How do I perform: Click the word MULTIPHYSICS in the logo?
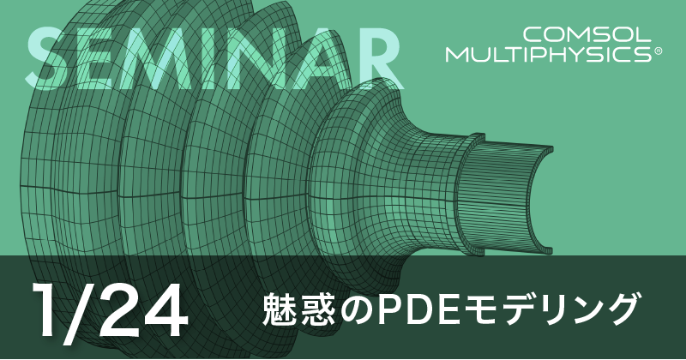click(x=549, y=55)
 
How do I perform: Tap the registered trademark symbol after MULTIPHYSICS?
click(x=658, y=51)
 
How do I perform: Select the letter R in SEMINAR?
click(x=375, y=58)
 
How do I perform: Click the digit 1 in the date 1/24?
click(x=45, y=309)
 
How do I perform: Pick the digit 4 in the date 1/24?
click(x=164, y=309)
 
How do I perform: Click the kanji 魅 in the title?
click(x=280, y=309)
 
